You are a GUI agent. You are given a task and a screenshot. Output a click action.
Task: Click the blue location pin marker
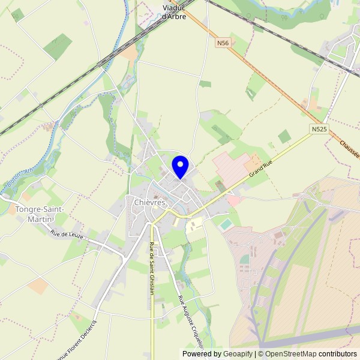pos(180,166)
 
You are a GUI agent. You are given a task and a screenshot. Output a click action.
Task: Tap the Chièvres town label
pos(145,203)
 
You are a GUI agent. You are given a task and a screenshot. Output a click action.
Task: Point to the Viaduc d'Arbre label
pos(174,12)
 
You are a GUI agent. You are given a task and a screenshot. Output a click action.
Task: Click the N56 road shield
pos(223,43)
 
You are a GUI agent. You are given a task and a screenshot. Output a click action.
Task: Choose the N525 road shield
pos(319,129)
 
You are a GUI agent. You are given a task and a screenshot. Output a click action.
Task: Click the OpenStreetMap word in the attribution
pos(291,354)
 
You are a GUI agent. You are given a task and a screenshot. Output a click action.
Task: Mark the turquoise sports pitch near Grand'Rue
pos(226,224)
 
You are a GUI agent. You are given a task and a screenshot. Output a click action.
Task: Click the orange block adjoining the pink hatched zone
pos(253,162)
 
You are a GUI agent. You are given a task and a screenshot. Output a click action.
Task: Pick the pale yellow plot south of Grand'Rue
pos(194,226)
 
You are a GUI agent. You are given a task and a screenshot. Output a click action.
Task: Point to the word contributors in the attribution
pos(338,354)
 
